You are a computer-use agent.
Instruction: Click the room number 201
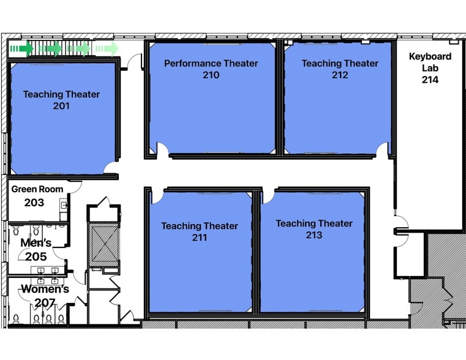[x=61, y=106]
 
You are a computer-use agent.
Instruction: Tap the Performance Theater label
[x=211, y=64]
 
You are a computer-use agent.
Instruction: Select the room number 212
[x=340, y=75]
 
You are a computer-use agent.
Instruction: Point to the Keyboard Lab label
[x=430, y=62]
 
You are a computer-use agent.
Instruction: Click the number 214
[x=430, y=80]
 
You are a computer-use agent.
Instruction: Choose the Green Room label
[x=37, y=189]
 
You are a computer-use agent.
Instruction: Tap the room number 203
[x=34, y=202]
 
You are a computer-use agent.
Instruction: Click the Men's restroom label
[x=36, y=243]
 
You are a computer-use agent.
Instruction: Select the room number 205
[x=36, y=257]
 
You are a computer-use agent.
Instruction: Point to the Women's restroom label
[x=45, y=289]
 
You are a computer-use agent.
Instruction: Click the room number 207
[x=45, y=302]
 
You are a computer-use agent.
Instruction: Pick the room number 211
[x=199, y=238]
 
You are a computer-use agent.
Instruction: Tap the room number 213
[x=314, y=235]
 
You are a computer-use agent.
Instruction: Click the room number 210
[x=211, y=75]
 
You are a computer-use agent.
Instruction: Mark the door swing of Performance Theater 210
[x=162, y=149]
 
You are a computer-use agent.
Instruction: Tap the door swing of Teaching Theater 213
[x=268, y=196]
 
